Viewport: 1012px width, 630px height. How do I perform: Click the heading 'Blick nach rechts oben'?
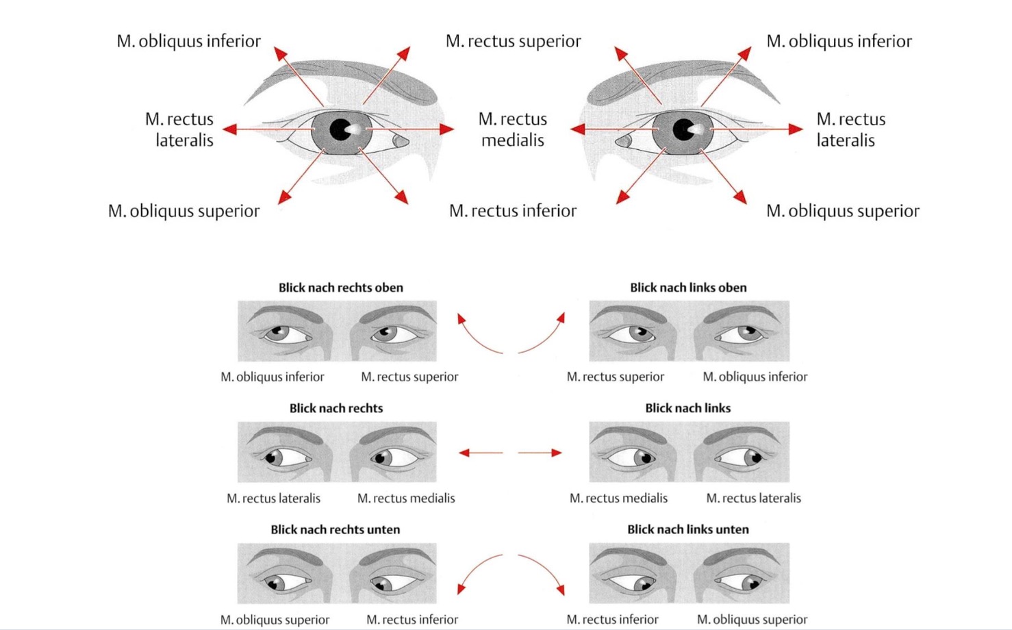[340, 288]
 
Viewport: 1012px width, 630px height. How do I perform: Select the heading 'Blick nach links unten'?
[687, 529]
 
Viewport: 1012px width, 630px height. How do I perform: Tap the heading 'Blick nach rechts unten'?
[335, 529]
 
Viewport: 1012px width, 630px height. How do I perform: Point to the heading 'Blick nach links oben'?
[688, 288]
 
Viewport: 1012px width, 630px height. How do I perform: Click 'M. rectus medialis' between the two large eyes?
[512, 129]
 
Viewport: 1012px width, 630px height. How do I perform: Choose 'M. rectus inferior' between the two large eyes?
[512, 211]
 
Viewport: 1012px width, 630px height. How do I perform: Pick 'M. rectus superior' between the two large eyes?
[513, 41]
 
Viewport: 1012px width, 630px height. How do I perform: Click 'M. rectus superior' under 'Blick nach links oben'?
[615, 377]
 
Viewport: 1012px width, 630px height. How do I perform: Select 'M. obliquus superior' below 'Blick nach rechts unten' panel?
[275, 620]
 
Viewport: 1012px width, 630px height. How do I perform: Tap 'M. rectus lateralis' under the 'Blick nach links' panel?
[753, 499]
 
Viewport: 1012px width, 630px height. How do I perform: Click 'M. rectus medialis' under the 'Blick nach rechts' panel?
[406, 499]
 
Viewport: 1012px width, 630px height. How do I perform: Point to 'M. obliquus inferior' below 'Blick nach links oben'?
[755, 377]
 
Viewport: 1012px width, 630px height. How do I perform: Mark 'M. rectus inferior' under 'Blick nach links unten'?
[612, 620]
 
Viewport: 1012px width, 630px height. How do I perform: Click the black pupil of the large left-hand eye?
[340, 129]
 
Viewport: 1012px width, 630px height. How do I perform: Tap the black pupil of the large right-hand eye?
[683, 129]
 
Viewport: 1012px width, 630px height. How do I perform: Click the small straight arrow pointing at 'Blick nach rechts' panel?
[481, 453]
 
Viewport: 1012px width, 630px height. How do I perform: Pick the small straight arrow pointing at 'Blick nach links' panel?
[540, 453]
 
